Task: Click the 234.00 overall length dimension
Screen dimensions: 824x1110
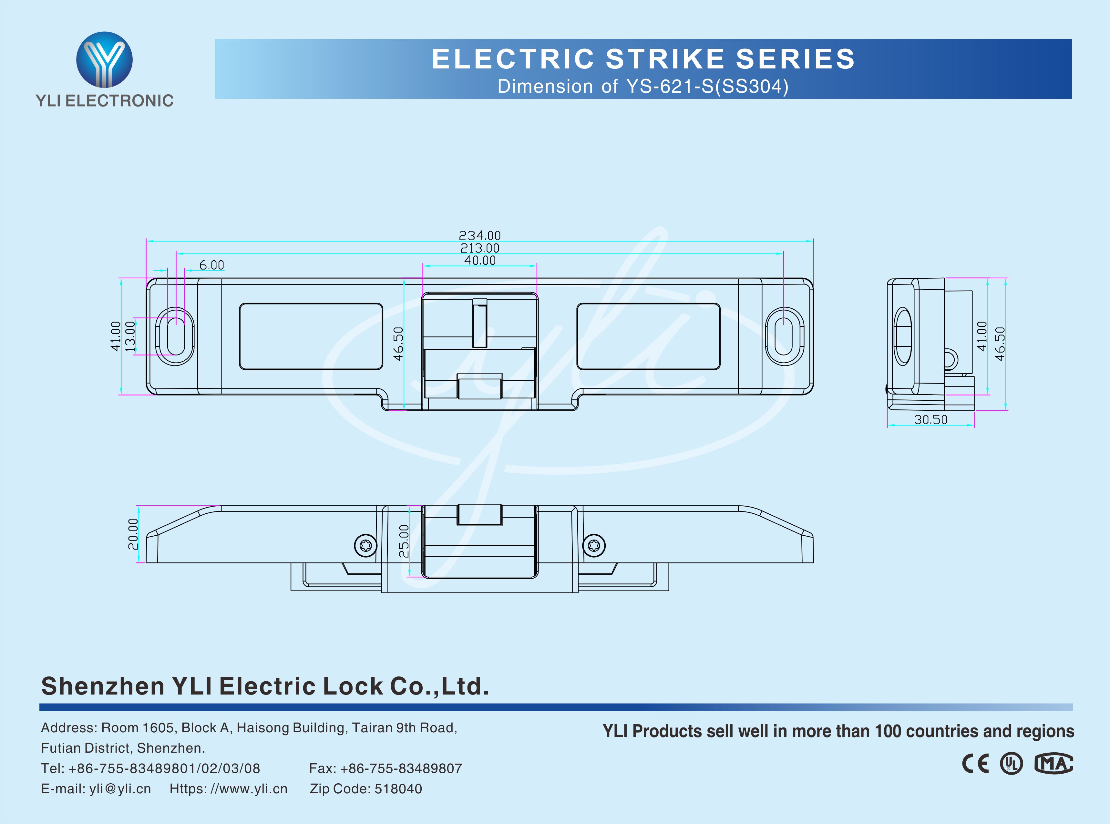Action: click(x=480, y=235)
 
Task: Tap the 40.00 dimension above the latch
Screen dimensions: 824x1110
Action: click(x=480, y=260)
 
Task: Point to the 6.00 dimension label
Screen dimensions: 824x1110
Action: click(x=212, y=265)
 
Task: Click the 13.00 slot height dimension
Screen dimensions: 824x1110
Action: click(x=130, y=336)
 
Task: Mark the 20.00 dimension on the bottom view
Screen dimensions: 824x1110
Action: click(x=133, y=534)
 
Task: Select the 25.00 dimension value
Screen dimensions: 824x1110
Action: click(x=404, y=541)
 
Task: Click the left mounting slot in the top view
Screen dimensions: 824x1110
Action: click(x=176, y=336)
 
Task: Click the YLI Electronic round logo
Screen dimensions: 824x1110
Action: click(x=104, y=60)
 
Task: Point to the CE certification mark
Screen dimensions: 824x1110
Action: click(x=975, y=764)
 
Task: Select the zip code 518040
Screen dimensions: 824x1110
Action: click(x=398, y=788)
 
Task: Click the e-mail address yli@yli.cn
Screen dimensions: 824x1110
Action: click(x=120, y=788)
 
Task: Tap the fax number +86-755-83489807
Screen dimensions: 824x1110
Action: click(x=401, y=768)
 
